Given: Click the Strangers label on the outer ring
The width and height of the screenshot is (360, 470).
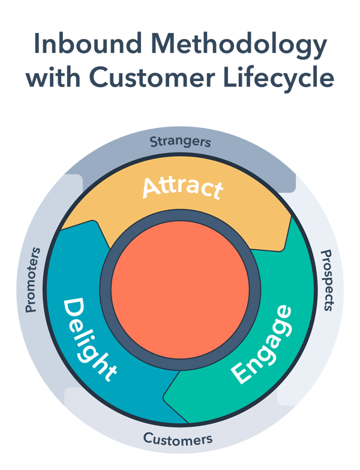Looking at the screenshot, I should point(180,142).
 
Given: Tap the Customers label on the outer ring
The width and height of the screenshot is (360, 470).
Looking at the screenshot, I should point(178,439).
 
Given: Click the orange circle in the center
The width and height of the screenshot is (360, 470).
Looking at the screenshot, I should point(179,282).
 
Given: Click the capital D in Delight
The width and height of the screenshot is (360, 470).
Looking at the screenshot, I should point(74,310).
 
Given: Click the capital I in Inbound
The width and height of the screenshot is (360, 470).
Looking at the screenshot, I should point(37,45).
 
